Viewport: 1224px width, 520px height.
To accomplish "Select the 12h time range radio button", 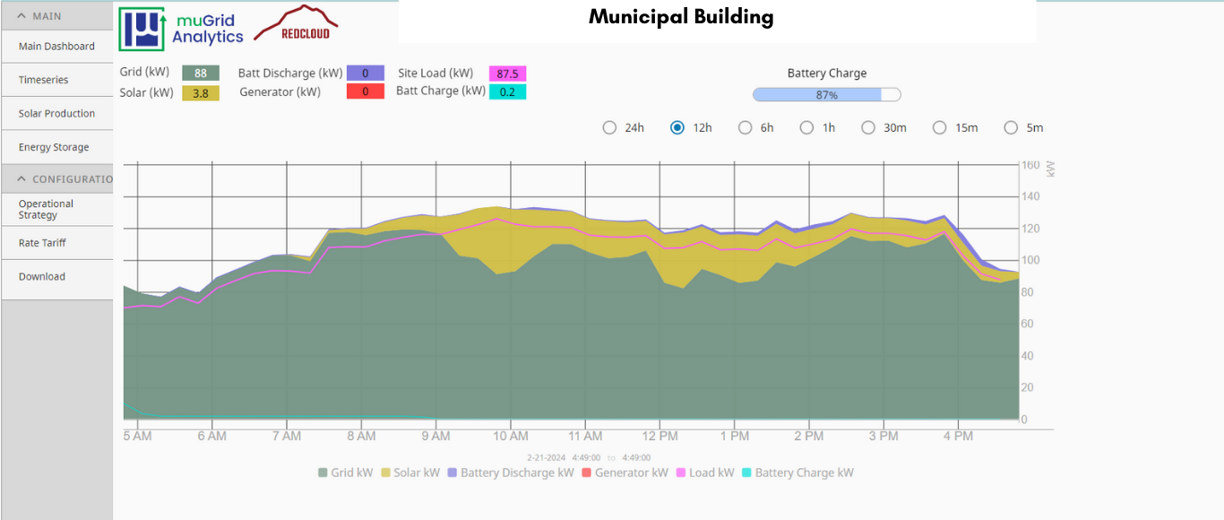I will tap(677, 127).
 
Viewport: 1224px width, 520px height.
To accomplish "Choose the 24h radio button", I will tap(609, 127).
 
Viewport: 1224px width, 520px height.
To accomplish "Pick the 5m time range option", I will tap(1011, 127).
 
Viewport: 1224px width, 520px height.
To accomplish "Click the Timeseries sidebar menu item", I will tap(44, 80).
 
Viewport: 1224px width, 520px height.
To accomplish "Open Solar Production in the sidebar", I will tap(56, 114).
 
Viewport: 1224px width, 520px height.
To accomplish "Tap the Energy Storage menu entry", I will tap(54, 147).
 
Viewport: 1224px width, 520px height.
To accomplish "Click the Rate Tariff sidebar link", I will tap(42, 243).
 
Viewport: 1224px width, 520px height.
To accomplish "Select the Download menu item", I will tap(42, 277).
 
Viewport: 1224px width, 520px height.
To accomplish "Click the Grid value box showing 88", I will tap(201, 74).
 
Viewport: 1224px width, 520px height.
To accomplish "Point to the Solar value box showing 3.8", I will tap(201, 92).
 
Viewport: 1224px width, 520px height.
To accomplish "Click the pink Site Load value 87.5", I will tap(507, 74).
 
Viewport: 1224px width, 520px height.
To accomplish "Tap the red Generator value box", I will tap(365, 91).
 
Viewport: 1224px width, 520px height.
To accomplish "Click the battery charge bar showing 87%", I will tap(826, 95).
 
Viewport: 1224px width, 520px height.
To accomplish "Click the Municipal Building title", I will tap(681, 17).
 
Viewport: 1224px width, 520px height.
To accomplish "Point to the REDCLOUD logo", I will tap(296, 24).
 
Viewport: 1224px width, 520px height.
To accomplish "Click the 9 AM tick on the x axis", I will tap(435, 437).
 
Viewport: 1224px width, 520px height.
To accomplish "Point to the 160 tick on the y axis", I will tap(1030, 165).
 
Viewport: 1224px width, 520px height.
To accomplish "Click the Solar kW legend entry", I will tap(410, 472).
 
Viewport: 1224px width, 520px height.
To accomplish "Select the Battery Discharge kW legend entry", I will tap(510, 472).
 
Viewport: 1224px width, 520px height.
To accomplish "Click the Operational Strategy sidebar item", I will tap(46, 209).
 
